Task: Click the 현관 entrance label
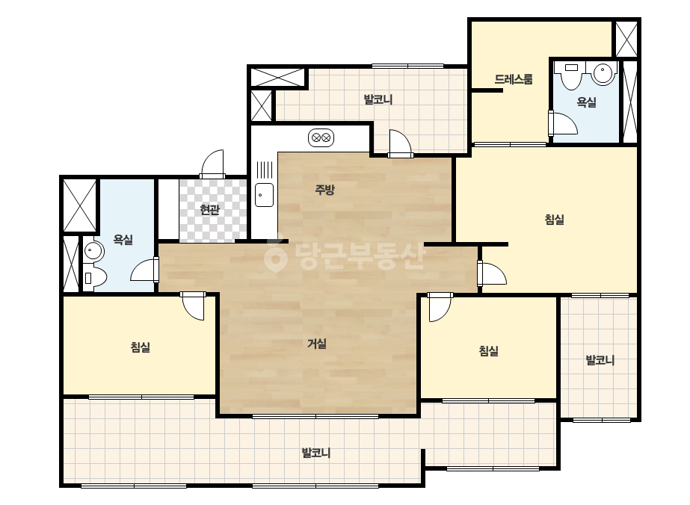click(x=209, y=209)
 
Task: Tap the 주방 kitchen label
click(x=324, y=189)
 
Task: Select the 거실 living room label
click(x=317, y=343)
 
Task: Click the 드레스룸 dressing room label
click(x=514, y=79)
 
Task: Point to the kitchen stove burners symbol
click(x=321, y=137)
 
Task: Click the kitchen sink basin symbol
click(x=264, y=195)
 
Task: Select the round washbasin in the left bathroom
click(x=93, y=251)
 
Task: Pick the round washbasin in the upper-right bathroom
click(x=603, y=73)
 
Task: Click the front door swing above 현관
click(x=213, y=164)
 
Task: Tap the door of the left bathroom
click(x=144, y=270)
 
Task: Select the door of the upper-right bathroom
click(x=563, y=123)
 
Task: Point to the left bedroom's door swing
click(x=193, y=306)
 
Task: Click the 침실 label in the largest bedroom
click(x=555, y=219)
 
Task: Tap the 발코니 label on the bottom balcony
click(x=316, y=453)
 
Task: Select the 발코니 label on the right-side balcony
click(x=600, y=360)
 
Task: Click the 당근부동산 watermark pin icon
click(x=275, y=256)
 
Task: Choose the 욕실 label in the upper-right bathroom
click(x=586, y=102)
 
